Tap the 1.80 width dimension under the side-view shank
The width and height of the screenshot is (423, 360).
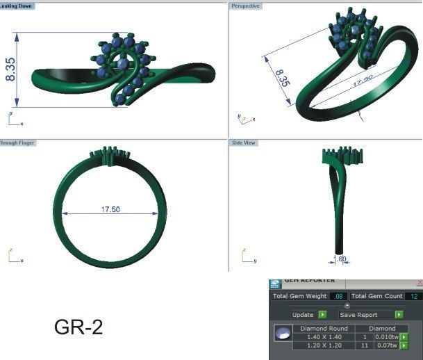click(x=341, y=259)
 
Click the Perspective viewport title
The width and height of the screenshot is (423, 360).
click(x=245, y=6)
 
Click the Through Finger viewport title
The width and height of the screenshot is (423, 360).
click(x=17, y=142)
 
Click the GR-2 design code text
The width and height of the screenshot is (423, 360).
click(x=78, y=327)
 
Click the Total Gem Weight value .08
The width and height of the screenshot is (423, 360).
click(x=339, y=296)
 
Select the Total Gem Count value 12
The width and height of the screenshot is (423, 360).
click(x=414, y=296)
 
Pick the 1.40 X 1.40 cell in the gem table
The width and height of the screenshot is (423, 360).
click(x=324, y=336)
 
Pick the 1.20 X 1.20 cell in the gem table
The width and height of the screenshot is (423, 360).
click(x=324, y=345)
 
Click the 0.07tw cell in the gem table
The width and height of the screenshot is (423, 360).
click(x=385, y=345)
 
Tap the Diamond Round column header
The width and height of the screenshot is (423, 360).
click(x=324, y=328)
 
